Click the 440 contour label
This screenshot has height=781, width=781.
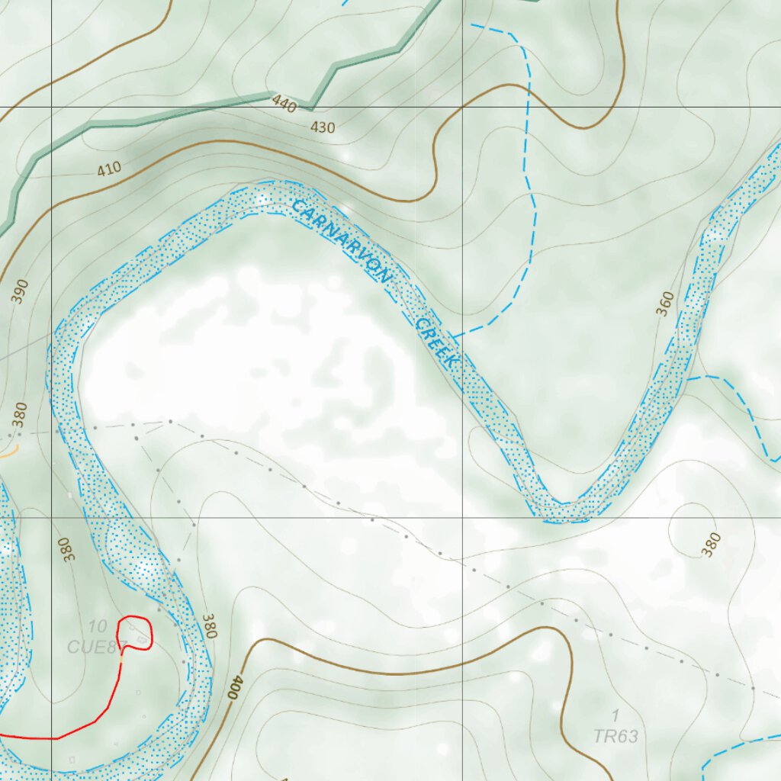click(x=283, y=105)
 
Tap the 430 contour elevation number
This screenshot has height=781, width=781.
click(x=323, y=127)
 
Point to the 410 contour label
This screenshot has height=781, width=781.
click(x=109, y=169)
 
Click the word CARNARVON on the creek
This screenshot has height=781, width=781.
click(x=341, y=241)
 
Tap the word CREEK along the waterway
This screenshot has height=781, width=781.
click(x=435, y=344)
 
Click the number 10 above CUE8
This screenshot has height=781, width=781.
click(x=97, y=627)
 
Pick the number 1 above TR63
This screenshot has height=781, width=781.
click(x=615, y=715)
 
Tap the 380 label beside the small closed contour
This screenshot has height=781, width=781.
click(x=711, y=545)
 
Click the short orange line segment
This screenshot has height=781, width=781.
click(x=9, y=452)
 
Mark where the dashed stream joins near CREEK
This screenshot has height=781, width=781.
click(x=453, y=336)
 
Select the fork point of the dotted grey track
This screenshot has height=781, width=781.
click(x=169, y=421)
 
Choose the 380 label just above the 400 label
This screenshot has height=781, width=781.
click(x=210, y=625)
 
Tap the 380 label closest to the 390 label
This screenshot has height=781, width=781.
click(x=19, y=416)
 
